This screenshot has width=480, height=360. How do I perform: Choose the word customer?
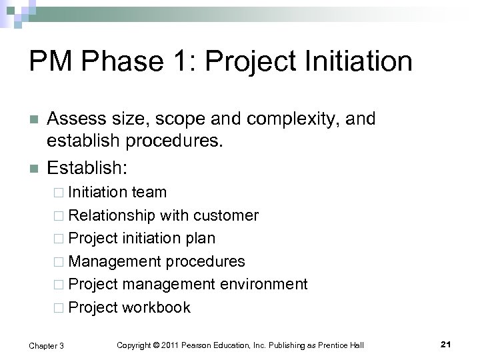coord(226,215)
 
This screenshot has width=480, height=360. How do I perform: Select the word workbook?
coord(157,307)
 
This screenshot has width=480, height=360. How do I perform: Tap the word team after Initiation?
coord(149,193)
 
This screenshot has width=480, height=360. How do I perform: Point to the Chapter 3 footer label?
coord(46,344)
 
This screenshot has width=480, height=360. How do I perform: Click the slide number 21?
coord(447,344)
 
